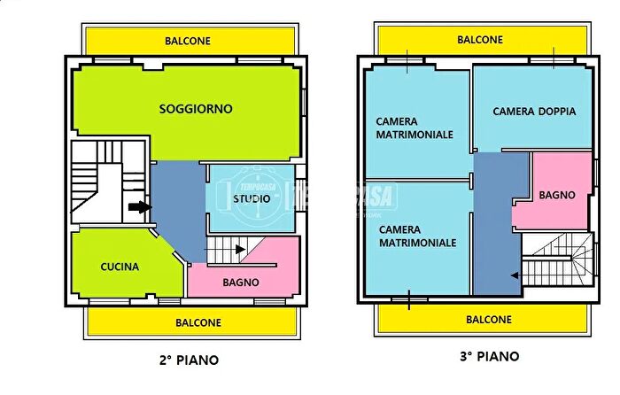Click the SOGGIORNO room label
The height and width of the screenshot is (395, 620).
[196, 109]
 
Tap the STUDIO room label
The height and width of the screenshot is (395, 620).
[252, 198]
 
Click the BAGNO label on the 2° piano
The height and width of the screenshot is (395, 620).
[241, 283]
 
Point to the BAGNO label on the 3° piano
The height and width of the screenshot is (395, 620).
[557, 195]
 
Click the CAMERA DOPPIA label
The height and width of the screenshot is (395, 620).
[534, 112]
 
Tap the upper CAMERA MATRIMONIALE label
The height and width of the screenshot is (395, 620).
[415, 128]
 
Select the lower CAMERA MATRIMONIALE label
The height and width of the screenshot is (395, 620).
[417, 235]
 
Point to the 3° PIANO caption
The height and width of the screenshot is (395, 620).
[489, 357]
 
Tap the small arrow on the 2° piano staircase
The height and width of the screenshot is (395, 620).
[241, 250]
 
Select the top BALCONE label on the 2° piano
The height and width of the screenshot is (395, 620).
[191, 40]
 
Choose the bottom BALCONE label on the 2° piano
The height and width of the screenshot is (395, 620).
[198, 322]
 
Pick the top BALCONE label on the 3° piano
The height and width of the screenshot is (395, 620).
[480, 40]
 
